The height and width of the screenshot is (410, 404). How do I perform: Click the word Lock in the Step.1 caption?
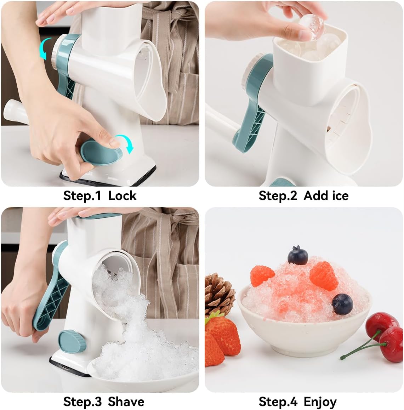coord(122,195)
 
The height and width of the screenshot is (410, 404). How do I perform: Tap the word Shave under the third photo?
coord(126,402)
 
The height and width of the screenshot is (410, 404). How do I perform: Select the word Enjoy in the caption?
coord(320,402)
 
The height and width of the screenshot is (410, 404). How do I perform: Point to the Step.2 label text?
coord(278,195)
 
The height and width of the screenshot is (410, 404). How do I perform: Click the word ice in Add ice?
coord(340,195)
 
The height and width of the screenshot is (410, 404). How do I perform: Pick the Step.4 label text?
coord(278,402)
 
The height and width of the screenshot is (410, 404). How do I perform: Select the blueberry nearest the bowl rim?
coord(342,304)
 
